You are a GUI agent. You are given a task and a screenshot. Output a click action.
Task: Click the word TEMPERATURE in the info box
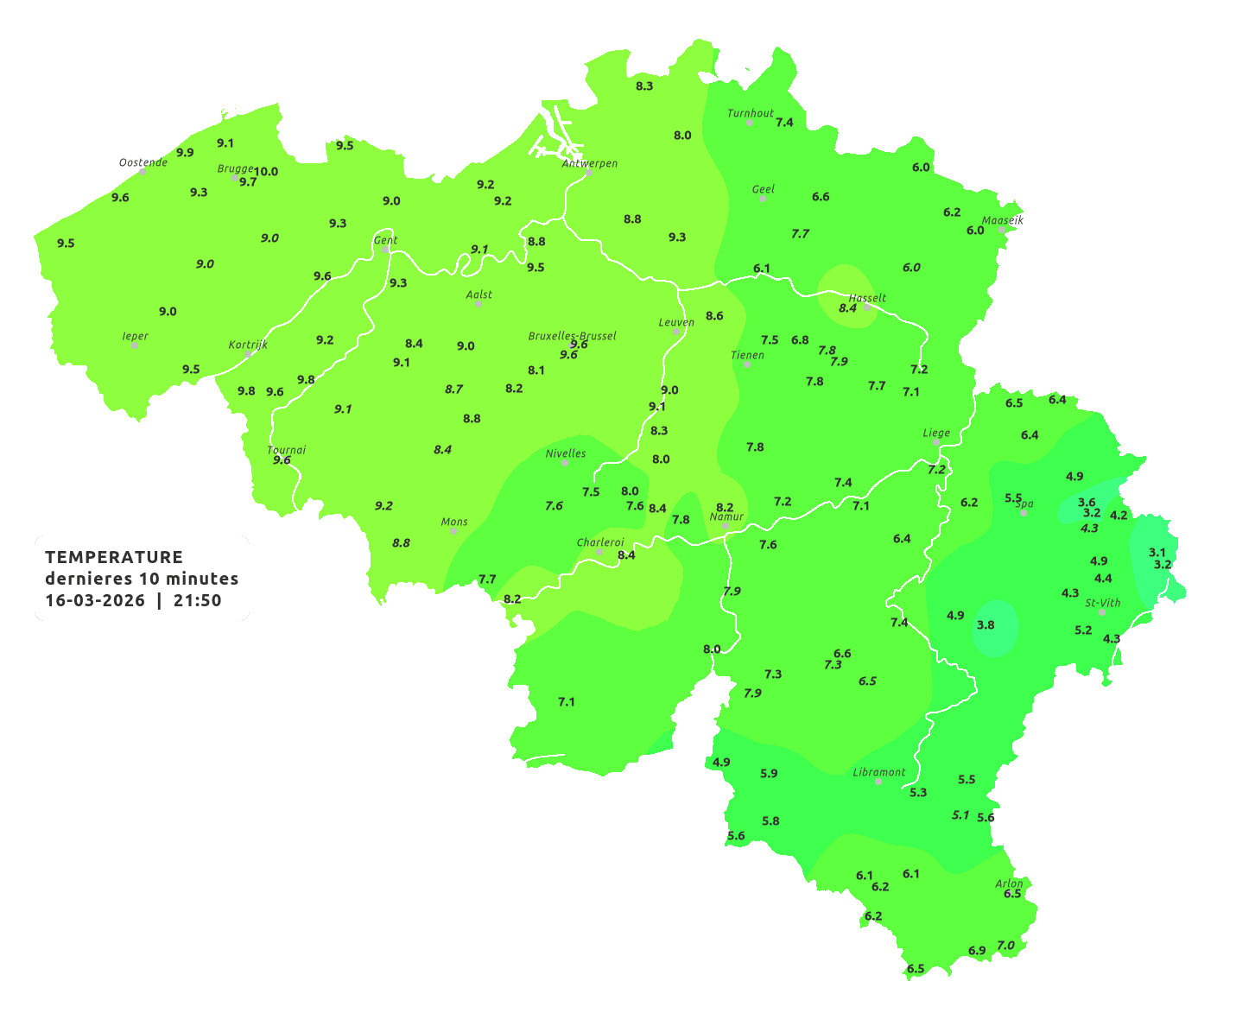pos(114,557)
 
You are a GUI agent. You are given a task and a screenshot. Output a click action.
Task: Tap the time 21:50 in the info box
pos(197,600)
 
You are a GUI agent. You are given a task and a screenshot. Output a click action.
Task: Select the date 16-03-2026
pos(95,600)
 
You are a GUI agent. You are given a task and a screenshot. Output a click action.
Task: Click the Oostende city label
pos(143,162)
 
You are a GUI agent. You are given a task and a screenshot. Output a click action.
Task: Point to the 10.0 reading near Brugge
pos(266,171)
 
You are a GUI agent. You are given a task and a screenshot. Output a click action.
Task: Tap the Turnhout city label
pos(750,113)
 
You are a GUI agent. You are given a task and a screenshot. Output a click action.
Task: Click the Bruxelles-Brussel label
pos(572,335)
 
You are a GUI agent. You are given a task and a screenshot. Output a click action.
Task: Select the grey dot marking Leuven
pos(676,332)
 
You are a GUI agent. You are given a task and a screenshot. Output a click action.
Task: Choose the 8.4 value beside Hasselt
pos(847,307)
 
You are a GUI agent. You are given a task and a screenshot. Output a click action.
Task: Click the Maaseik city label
pos(1002,220)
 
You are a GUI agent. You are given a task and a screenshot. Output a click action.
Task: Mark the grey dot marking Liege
pos(936,442)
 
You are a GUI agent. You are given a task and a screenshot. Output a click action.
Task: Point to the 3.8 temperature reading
pos(986,624)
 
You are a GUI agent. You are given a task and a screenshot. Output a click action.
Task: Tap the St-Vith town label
pos(1103,603)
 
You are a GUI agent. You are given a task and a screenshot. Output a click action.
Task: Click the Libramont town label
pos(878,772)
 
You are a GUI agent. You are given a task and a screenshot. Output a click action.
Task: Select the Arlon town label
pos(1009,883)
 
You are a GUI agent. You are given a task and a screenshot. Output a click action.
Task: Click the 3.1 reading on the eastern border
pos(1157,552)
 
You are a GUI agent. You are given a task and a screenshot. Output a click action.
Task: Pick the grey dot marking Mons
pos(453,531)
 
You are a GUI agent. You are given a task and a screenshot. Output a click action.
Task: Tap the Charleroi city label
pos(600,542)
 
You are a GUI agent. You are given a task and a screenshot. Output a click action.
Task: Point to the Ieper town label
pos(135,336)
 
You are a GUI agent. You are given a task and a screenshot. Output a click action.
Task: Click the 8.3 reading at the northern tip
pos(644,85)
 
